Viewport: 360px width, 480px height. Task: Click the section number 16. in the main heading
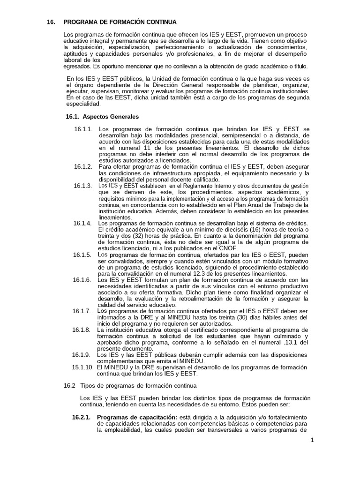[51, 22]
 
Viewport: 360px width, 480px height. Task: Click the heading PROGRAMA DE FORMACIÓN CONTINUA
[120, 22]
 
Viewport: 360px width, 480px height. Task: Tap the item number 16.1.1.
[83, 129]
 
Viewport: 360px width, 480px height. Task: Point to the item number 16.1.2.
[83, 166]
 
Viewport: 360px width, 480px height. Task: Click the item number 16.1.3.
[83, 186]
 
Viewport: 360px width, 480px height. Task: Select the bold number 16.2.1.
[81, 417]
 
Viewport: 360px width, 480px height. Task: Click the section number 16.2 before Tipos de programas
[69, 385]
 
